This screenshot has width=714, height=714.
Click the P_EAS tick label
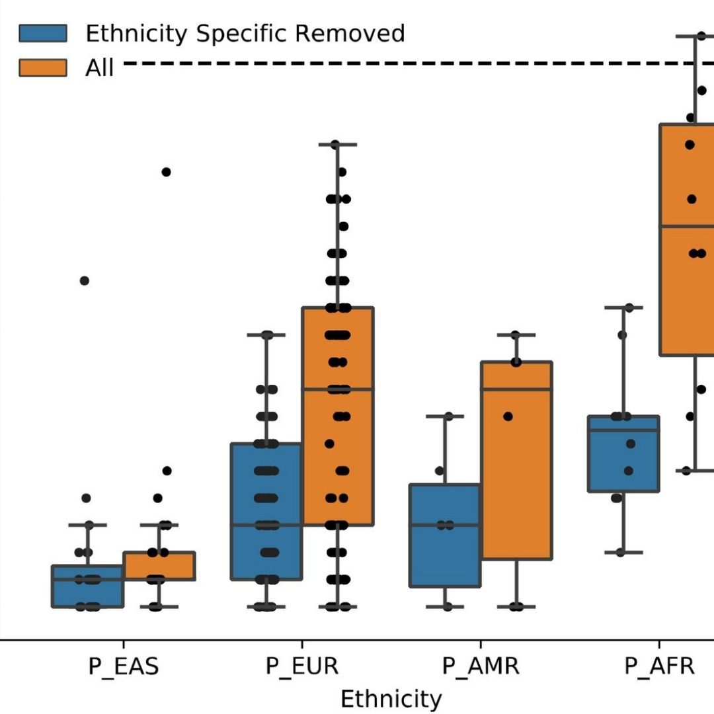point(124,666)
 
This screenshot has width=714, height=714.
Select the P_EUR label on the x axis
point(302,666)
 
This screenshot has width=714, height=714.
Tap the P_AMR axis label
point(481,666)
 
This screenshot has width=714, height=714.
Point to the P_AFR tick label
point(659,666)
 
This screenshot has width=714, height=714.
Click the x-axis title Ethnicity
point(391,699)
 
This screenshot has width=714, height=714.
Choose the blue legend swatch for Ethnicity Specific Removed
point(43,32)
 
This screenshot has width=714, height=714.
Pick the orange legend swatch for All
point(43,67)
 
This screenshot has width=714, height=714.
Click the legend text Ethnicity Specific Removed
point(245,33)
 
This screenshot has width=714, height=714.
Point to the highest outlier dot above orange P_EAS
point(167,172)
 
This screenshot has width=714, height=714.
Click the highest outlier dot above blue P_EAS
point(85,280)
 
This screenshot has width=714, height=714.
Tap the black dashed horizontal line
point(397,63)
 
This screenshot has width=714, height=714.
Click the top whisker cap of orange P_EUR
point(338,143)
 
